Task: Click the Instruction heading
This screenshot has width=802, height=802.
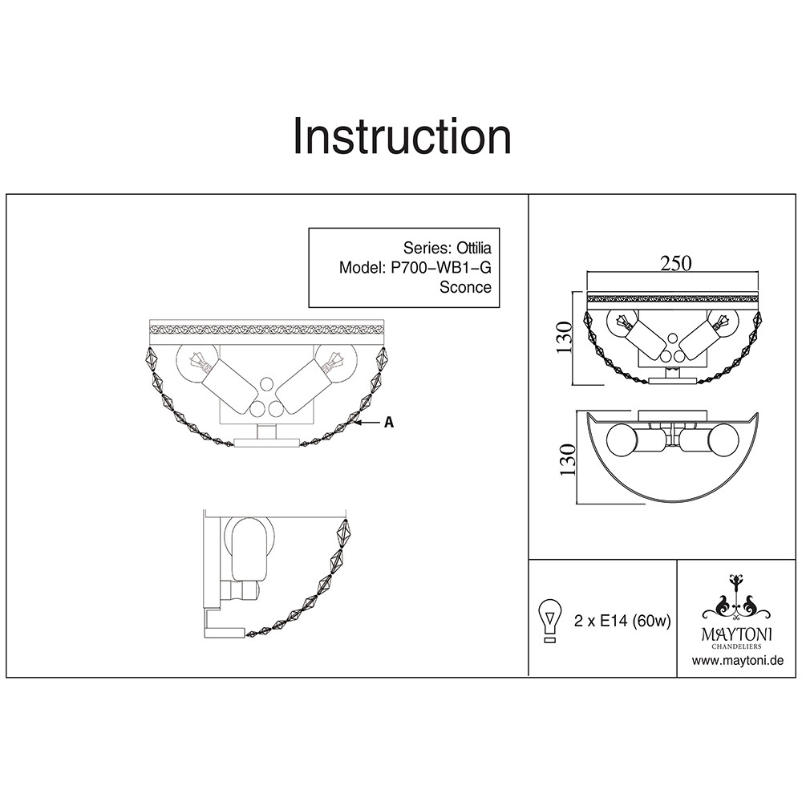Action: point(402,136)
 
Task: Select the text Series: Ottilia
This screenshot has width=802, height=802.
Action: point(447,248)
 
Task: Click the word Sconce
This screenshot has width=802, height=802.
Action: point(465,287)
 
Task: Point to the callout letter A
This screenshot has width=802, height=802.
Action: point(389,423)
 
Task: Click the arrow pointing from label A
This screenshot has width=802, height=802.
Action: point(370,423)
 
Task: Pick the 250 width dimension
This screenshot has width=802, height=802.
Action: point(675,263)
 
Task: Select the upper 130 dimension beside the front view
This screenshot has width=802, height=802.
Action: point(565,338)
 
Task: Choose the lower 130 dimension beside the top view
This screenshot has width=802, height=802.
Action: point(568,459)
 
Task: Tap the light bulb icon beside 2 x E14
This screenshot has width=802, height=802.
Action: point(551,620)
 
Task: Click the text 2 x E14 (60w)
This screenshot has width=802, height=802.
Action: point(622,621)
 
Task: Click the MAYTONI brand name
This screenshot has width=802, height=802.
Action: point(736,634)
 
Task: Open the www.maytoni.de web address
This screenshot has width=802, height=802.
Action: point(737,661)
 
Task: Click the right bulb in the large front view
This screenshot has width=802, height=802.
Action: point(333,363)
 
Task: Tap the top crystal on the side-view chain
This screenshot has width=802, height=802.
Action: point(343,533)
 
